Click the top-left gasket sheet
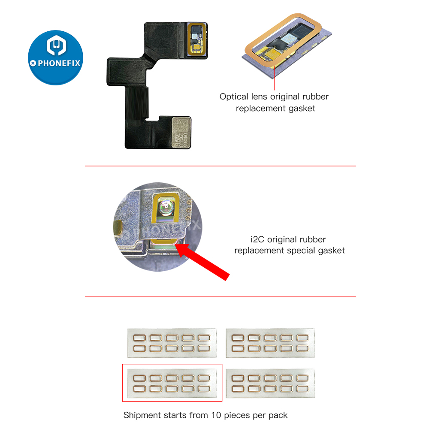(x=172, y=343)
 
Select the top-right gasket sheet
(x=270, y=343)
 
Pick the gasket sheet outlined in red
(x=172, y=383)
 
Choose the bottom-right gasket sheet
(x=270, y=383)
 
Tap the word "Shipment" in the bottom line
(x=142, y=415)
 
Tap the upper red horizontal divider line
(x=220, y=166)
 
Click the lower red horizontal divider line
(x=220, y=296)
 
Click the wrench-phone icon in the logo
(x=55, y=47)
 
